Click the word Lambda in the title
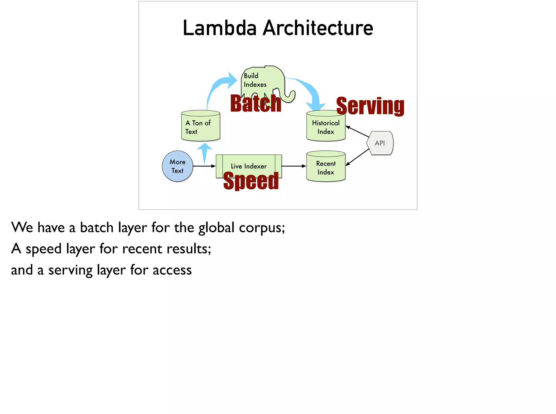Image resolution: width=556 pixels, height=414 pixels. click(219, 28)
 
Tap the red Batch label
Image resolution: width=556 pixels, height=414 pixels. click(255, 104)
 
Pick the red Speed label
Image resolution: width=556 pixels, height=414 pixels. click(251, 181)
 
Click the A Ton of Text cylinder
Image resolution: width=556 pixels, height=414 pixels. click(200, 127)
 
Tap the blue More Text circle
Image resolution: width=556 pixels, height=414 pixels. click(178, 166)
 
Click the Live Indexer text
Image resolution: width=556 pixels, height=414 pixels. click(249, 166)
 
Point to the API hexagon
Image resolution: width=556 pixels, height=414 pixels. click(380, 143)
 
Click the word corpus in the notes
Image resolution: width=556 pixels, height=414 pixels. click(262, 227)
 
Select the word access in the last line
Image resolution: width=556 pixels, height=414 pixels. click(172, 270)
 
